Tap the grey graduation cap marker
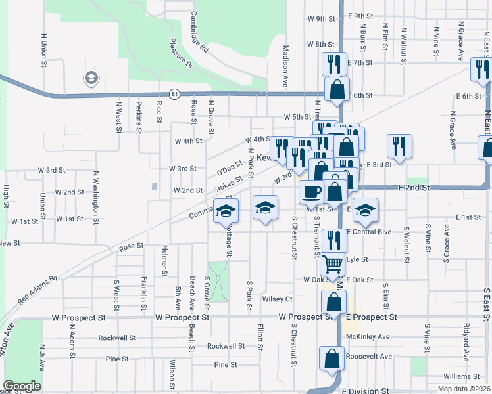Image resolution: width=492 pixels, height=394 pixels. pos(91,79)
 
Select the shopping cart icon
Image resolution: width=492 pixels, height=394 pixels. pos(333,263)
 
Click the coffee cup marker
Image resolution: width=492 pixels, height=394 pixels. pos(311,192)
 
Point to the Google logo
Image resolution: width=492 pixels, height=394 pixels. pos(22,386)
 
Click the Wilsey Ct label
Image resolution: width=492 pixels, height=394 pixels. pos(277,299)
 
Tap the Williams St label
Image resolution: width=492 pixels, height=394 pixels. pos(461,376)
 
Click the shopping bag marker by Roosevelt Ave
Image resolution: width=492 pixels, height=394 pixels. pos(331,359)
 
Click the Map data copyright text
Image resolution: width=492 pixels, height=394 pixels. pos(464,389)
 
